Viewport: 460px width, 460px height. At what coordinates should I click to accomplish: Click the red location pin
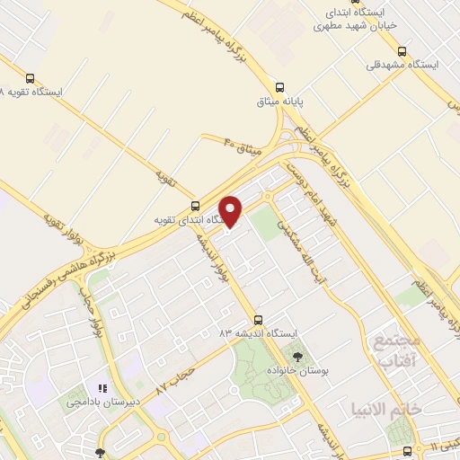click(232, 212)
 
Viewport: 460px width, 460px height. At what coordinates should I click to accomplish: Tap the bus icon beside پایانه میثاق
click(280, 88)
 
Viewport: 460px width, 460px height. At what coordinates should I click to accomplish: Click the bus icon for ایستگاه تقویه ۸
click(31, 78)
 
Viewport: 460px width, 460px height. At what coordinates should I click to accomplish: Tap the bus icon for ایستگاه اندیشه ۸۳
click(258, 319)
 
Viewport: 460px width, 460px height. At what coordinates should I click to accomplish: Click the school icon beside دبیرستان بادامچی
click(103, 388)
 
